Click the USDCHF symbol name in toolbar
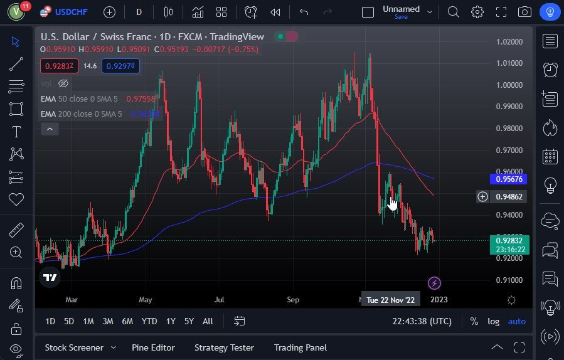(x=72, y=11)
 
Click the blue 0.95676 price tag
(x=509, y=179)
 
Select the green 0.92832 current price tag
(x=509, y=240)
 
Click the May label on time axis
(x=146, y=300)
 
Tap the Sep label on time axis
(x=293, y=300)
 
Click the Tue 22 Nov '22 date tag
(x=390, y=300)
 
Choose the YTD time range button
(x=149, y=321)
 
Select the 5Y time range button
(x=189, y=321)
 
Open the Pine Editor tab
(x=153, y=347)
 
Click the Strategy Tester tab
(x=224, y=347)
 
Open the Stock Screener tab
(x=73, y=347)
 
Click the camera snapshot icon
(x=524, y=12)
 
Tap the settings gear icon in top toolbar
(x=477, y=12)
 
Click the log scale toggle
(x=494, y=321)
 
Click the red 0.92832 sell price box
(x=59, y=66)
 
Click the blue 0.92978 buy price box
(x=121, y=66)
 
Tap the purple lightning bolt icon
(x=434, y=283)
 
